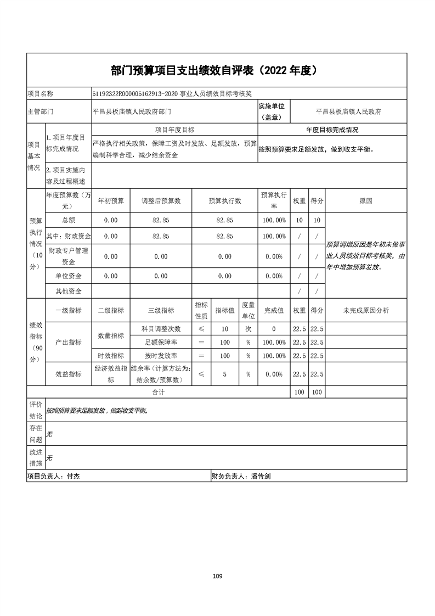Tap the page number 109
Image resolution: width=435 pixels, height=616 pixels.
pyautogui.click(x=217, y=576)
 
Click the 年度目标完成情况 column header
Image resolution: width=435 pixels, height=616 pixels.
pyautogui.click(x=332, y=130)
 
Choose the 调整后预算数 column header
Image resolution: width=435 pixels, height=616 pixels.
pyautogui.click(x=161, y=201)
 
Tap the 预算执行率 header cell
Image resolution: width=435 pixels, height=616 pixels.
pyautogui.click(x=274, y=201)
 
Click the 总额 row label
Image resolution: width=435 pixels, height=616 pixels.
pyautogui.click(x=69, y=220)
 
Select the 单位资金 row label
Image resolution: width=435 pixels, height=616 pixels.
pyautogui.click(x=69, y=276)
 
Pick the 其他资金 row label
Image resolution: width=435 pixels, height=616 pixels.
pyautogui.click(x=69, y=291)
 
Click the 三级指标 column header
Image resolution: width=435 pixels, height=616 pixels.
pyautogui.click(x=161, y=310)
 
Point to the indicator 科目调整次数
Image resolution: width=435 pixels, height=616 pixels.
pyautogui.click(x=161, y=329)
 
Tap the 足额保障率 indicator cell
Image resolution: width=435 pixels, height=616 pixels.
pyautogui.click(x=161, y=342)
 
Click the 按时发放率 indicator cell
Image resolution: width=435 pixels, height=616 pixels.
pyautogui.click(x=161, y=356)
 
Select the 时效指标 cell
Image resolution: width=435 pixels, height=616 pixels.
pyautogui.click(x=111, y=356)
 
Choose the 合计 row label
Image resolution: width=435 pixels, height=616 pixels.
pyautogui.click(x=159, y=393)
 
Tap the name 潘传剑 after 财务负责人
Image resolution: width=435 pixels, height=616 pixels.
pyautogui.click(x=260, y=477)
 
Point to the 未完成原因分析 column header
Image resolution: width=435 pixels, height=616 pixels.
pyautogui.click(x=366, y=310)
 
